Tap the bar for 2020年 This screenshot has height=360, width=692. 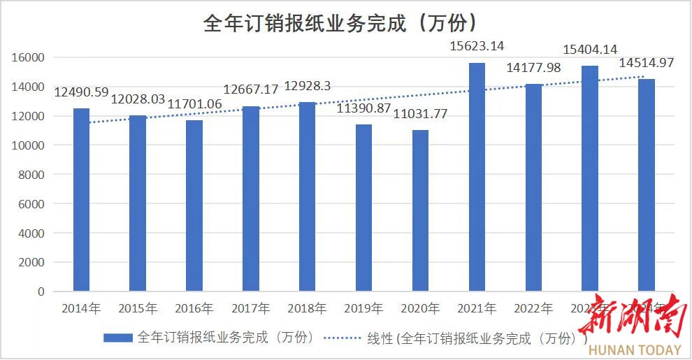tap(420, 210)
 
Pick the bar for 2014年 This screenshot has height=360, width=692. tap(81, 200)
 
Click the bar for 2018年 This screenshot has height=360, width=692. tap(307, 196)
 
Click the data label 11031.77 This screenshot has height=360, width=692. tap(420, 114)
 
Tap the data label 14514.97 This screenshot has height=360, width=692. tap(647, 63)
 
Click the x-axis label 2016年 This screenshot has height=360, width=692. tap(194, 308)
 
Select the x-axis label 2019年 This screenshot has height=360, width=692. tap(363, 308)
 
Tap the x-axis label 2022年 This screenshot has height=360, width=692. tap(533, 308)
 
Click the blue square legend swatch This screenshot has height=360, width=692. tap(117, 338)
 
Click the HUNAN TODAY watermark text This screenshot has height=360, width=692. tap(635, 350)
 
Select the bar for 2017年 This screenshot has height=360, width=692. tap(250, 199)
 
